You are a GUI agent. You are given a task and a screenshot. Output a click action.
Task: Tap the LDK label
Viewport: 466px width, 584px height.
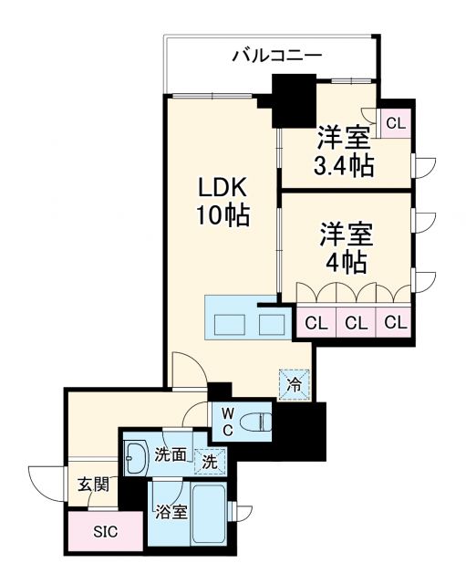pos(223,186)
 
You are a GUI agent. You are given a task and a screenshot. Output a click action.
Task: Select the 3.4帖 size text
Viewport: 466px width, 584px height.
pos(344,167)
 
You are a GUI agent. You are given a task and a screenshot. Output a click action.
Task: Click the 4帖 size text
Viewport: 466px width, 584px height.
pos(347,263)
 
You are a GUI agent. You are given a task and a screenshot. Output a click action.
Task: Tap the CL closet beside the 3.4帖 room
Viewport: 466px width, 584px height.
pos(396,122)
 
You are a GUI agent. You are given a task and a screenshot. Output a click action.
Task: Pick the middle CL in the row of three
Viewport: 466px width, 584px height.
pos(356,322)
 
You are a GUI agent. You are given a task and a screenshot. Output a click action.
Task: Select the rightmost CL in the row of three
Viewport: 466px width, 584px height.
pos(394,322)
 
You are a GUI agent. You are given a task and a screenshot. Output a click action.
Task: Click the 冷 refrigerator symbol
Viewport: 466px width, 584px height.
pos(294,384)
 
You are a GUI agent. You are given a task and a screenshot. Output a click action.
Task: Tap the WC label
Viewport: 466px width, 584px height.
pos(226,422)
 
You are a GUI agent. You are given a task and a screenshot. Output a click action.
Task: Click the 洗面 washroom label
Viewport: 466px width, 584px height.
pos(170,454)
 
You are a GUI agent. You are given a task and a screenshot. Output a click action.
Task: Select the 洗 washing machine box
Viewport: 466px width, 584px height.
pos(209,462)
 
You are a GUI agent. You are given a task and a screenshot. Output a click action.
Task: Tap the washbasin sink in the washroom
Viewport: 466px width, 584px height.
pos(137,456)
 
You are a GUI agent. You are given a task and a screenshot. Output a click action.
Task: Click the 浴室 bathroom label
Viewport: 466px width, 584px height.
pos(171,512)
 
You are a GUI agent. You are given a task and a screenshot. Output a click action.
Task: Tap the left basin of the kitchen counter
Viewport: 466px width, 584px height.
pos(228,323)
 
